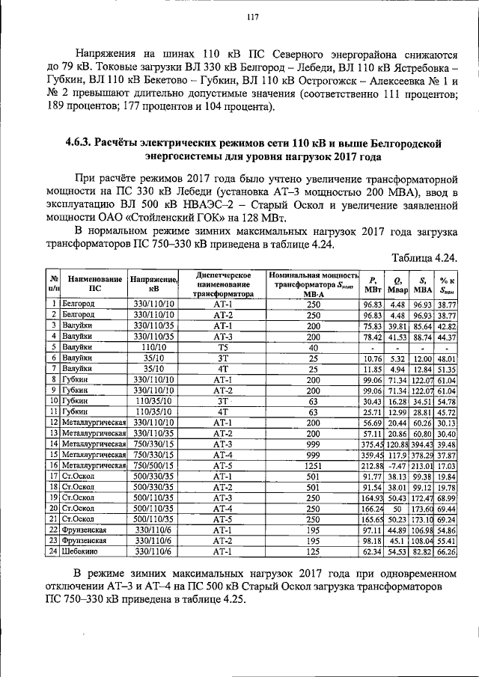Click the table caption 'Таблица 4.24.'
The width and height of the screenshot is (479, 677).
point(424,257)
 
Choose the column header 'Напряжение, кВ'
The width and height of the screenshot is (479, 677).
point(153,283)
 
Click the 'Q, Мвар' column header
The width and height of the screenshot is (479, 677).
point(397,283)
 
